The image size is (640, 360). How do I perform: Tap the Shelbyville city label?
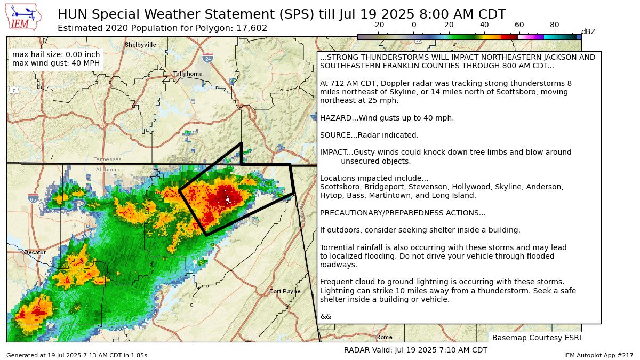pyautogui.click(x=140, y=45)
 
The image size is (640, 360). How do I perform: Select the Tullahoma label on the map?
pyautogui.click(x=188, y=74)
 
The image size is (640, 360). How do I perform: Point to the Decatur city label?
pyautogui.click(x=35, y=252)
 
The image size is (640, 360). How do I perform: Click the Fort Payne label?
pyautogui.click(x=285, y=291)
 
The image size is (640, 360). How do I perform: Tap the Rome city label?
pyautogui.click(x=384, y=337)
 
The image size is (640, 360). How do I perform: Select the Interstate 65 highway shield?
pyautogui.click(x=33, y=198)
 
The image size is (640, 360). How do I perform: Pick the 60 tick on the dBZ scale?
pyautogui.click(x=519, y=25)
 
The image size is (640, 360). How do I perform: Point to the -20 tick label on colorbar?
pyautogui.click(x=378, y=25)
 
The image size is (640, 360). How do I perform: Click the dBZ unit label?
pyautogui.click(x=588, y=32)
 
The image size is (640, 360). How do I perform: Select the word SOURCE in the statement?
pyautogui.click(x=334, y=135)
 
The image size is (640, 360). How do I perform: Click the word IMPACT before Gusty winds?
pyautogui.click(x=333, y=152)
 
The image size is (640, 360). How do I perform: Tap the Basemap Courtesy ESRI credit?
pyautogui.click(x=536, y=338)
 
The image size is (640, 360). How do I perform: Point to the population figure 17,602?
pyautogui.click(x=251, y=28)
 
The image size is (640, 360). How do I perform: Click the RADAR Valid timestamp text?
pyautogui.click(x=415, y=350)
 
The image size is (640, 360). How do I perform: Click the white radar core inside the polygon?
pyautogui.click(x=228, y=198)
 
